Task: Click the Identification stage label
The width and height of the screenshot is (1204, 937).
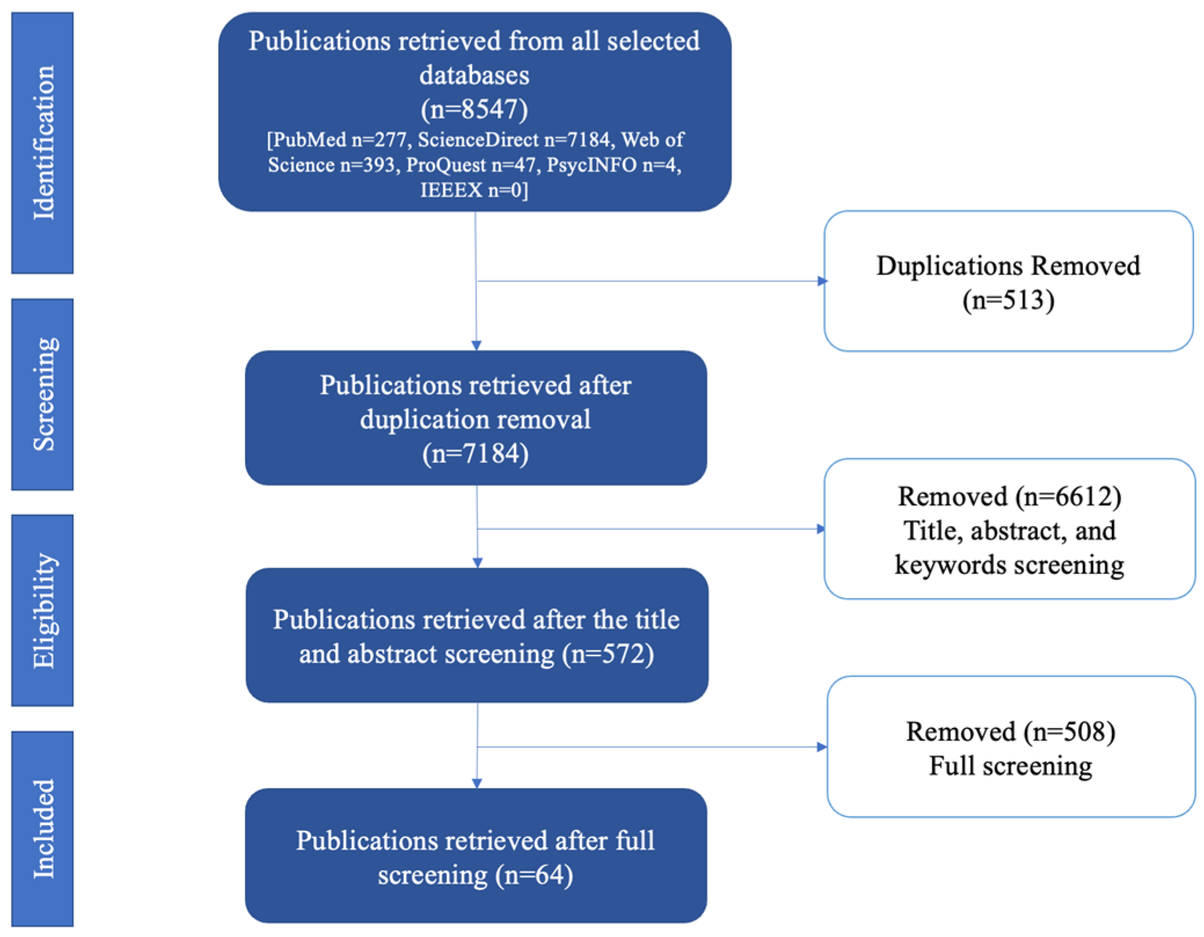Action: click(x=43, y=142)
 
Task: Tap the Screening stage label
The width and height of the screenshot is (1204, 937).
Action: click(x=43, y=394)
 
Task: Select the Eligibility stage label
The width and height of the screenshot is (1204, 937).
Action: click(x=43, y=610)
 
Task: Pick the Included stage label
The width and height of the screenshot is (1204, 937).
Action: click(x=43, y=829)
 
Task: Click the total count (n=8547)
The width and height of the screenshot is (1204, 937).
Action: click(x=474, y=109)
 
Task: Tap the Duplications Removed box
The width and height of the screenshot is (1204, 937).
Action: click(x=1008, y=281)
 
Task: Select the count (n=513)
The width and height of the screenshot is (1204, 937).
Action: click(x=1008, y=300)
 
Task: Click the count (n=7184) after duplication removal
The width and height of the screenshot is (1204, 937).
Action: click(x=475, y=453)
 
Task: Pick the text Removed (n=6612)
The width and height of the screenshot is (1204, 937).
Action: click(x=1009, y=496)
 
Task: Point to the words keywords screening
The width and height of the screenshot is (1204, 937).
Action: click(x=1009, y=565)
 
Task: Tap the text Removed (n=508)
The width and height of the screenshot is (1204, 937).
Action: click(x=1011, y=731)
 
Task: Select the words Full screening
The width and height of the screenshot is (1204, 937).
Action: click(x=1011, y=766)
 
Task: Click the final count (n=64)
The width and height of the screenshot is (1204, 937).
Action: click(x=534, y=874)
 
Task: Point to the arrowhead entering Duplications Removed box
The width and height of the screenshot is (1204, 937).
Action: click(x=822, y=281)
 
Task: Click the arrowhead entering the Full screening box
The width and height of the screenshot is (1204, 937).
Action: click(x=822, y=747)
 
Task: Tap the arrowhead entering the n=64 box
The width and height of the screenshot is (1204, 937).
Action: click(x=477, y=783)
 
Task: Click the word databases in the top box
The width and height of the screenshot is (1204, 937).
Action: click(x=474, y=75)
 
